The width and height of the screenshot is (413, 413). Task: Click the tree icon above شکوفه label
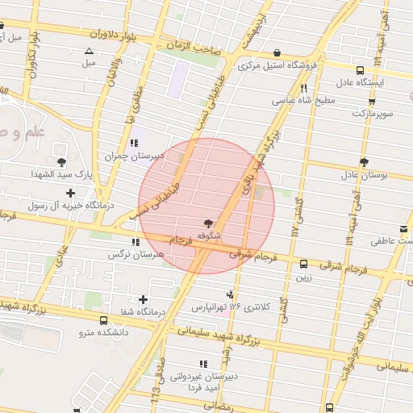click(x=210, y=222)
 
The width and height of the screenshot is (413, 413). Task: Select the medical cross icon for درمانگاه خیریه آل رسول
click(x=71, y=193)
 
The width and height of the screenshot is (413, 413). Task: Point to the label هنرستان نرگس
click(x=135, y=255)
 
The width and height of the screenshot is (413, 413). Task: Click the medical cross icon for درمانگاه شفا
click(x=144, y=299)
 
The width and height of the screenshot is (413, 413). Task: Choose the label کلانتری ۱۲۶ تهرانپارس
click(x=222, y=307)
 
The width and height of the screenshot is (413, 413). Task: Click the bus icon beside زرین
click(x=304, y=264)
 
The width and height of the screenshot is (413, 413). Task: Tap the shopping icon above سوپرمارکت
click(x=372, y=101)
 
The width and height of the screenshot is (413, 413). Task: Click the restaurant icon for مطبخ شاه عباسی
click(x=304, y=89)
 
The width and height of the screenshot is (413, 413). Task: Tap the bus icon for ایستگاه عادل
click(x=357, y=69)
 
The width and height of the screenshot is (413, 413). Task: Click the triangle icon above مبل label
click(x=89, y=52)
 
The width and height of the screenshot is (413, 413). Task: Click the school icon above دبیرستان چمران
click(x=134, y=143)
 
